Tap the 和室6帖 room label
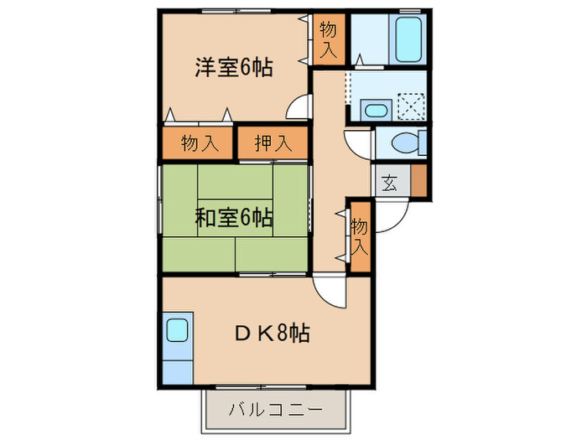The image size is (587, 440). point(234,219)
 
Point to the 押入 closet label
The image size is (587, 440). point(273,143)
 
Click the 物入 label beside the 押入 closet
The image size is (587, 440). point(200,143)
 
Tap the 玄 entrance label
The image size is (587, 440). point(390,181)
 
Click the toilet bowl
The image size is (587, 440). point(405,143)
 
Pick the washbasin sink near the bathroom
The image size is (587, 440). point(374,108)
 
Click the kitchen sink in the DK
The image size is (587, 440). point(178,329)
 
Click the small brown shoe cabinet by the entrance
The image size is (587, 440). point(418,180)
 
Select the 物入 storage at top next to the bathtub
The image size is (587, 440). point(328,39)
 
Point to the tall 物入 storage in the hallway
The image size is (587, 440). point(359,237)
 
